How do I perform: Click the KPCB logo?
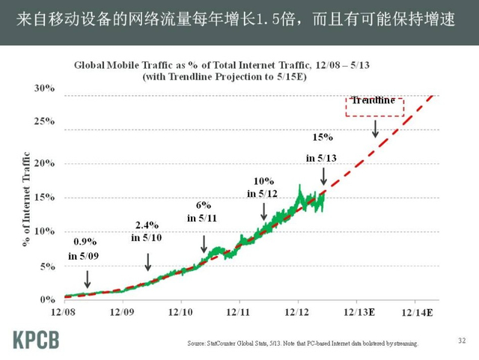pos(37,338)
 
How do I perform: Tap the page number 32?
pos(461,341)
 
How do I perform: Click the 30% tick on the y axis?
pos(44,88)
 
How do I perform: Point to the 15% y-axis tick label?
pos(44,197)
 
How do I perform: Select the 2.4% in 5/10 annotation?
pos(147,231)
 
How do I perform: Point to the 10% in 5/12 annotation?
pos(263,187)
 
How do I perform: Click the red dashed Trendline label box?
pos(374,106)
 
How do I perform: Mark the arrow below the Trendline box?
pos(375,128)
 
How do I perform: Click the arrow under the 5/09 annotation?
pos(88,278)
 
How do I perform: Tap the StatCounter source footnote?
pos(302,344)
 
